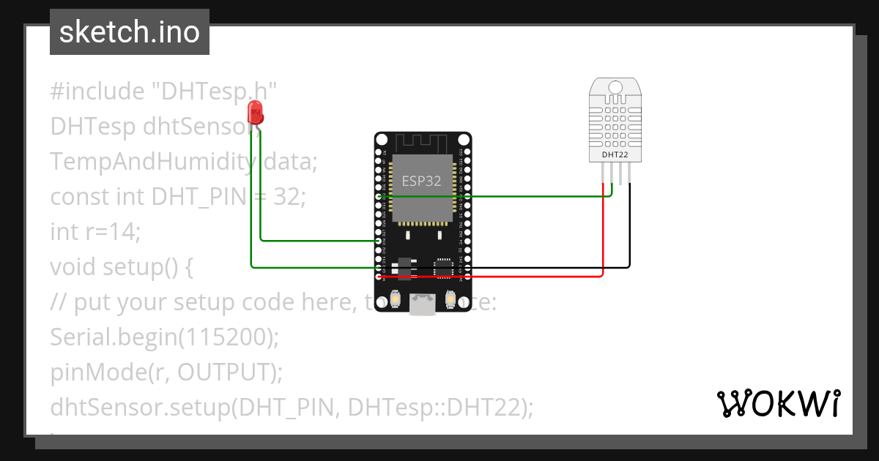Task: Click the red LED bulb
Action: click(256, 113)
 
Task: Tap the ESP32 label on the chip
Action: click(421, 181)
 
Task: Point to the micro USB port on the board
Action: click(422, 304)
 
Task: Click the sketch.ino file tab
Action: click(130, 32)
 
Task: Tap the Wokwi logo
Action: click(778, 403)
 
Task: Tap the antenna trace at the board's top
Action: click(423, 141)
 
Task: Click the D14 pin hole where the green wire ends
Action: click(379, 241)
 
